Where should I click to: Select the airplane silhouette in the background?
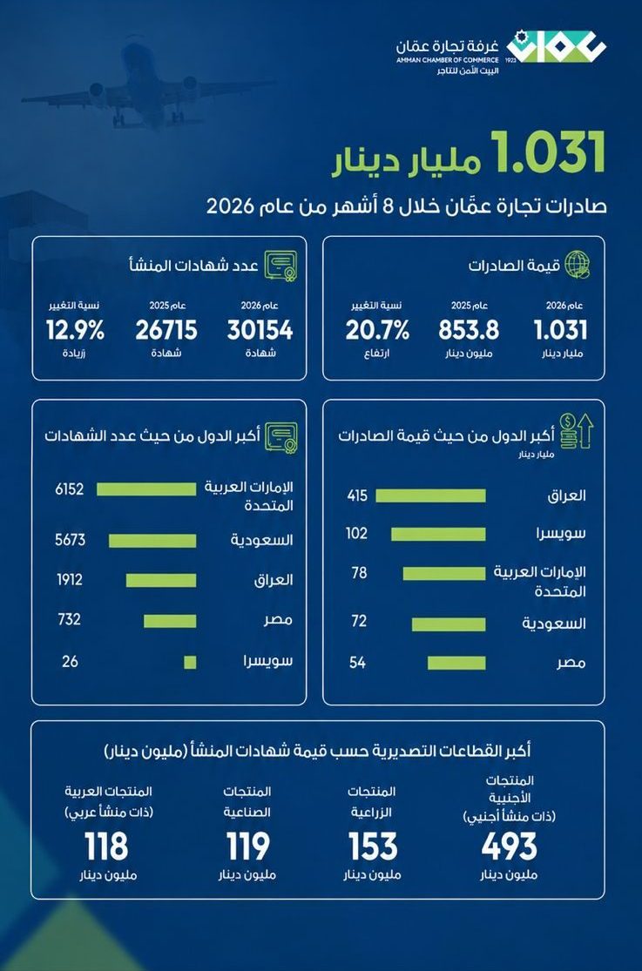[x=139, y=84]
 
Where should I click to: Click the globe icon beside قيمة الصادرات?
[x=578, y=264]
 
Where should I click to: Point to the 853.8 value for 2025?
[x=469, y=331]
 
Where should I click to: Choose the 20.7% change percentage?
[x=377, y=331]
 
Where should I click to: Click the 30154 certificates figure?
[x=260, y=331]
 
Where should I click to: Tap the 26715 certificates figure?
[x=166, y=331]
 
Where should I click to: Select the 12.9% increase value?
[x=75, y=331]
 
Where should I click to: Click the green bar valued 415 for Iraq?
[x=430, y=496]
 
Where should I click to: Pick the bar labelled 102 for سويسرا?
[x=438, y=534]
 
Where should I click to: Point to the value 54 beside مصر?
[x=357, y=663]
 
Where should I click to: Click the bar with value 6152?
[x=146, y=489]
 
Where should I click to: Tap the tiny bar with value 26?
[x=190, y=662]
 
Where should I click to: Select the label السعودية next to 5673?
[x=261, y=540]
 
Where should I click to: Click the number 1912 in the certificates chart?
[x=69, y=580]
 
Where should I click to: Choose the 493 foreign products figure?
[x=510, y=846]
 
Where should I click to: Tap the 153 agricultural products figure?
[x=373, y=846]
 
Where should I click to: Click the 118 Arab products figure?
[x=106, y=846]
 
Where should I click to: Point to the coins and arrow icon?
[x=576, y=431]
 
